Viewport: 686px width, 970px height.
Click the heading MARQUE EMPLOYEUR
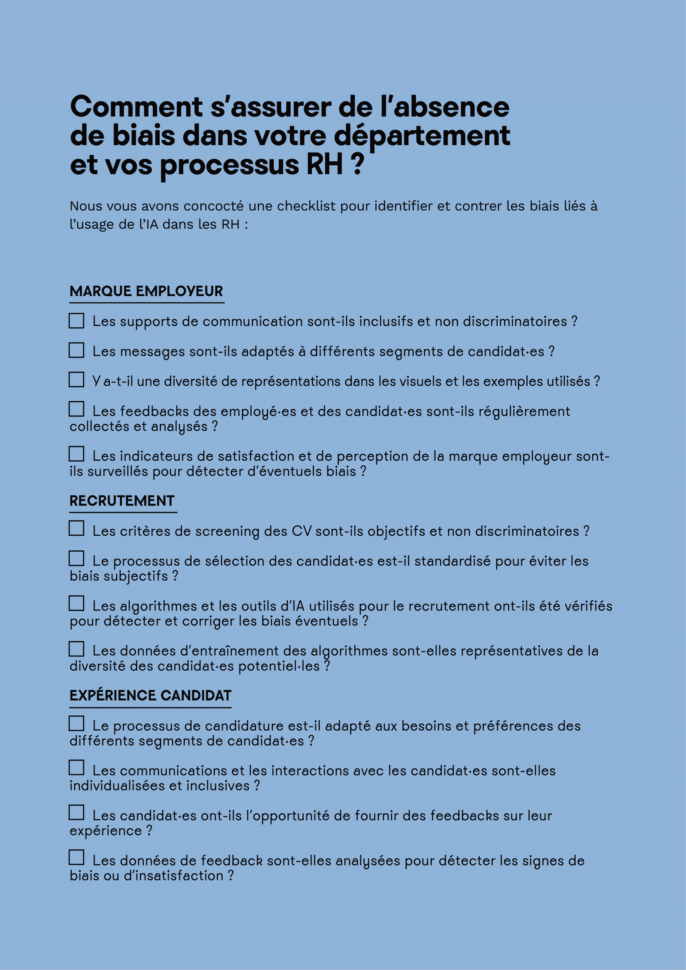tap(146, 291)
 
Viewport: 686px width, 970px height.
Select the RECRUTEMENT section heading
tap(122, 501)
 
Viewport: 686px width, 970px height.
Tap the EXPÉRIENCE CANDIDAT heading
tap(151, 695)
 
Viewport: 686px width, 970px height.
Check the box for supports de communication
tap(76, 320)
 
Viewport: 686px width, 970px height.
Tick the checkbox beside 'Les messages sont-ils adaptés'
tap(76, 350)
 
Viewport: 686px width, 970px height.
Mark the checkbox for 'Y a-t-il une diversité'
tap(76, 379)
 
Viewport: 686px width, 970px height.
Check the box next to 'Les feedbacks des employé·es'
tap(76, 409)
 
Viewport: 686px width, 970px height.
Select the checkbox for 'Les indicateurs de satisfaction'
tap(76, 454)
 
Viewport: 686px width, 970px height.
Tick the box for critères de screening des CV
tap(76, 528)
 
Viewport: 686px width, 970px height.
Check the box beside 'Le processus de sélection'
tap(76, 559)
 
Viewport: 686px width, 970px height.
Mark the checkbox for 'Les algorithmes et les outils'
tap(76, 603)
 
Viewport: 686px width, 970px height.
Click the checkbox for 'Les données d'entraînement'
tap(76, 649)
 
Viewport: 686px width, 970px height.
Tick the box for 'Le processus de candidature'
tap(76, 723)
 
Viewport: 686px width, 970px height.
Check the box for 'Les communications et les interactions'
tap(76, 768)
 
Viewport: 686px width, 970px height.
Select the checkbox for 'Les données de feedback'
tap(76, 858)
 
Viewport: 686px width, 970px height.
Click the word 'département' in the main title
tap(422, 136)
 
